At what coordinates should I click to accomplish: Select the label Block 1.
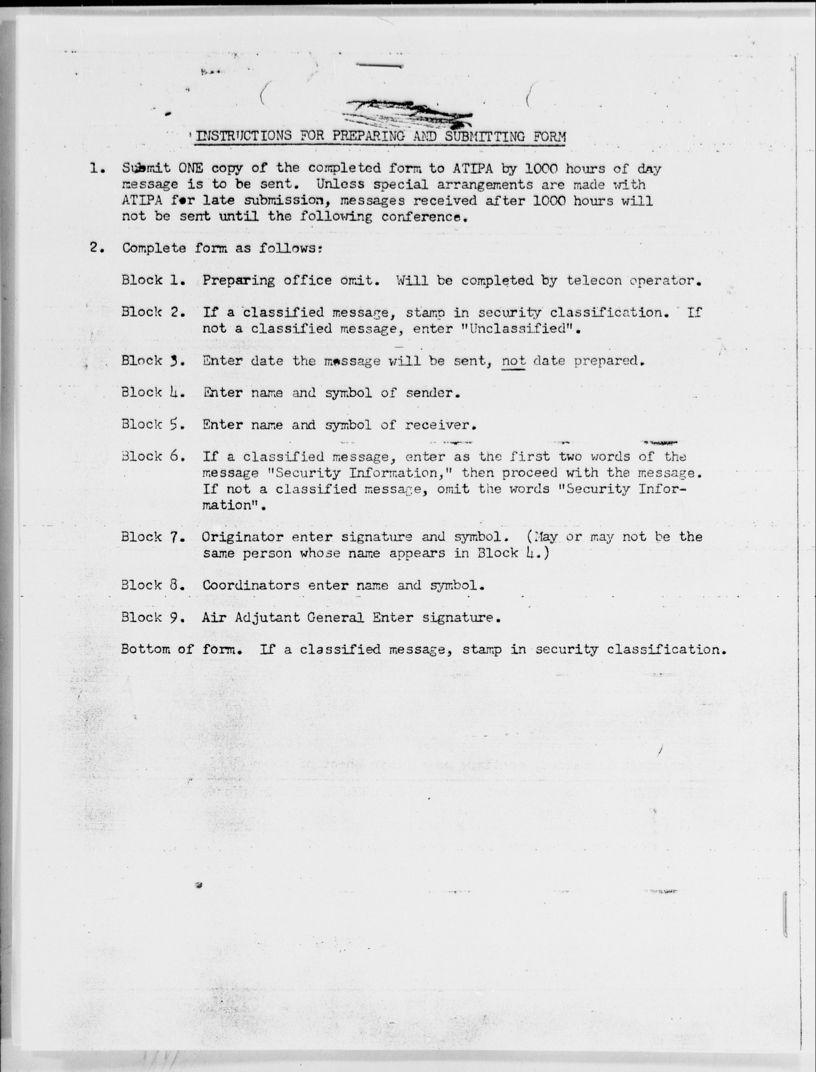click(153, 280)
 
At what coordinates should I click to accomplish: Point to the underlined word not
click(513, 361)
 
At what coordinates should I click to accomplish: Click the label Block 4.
click(153, 393)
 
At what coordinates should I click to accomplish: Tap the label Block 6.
click(153, 457)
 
